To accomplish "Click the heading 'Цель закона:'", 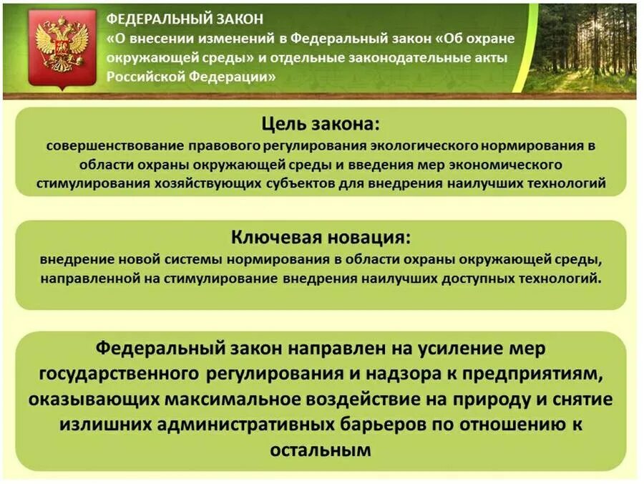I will tap(320, 124).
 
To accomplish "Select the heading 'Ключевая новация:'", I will tap(321, 236).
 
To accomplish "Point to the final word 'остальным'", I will tap(321, 450).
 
